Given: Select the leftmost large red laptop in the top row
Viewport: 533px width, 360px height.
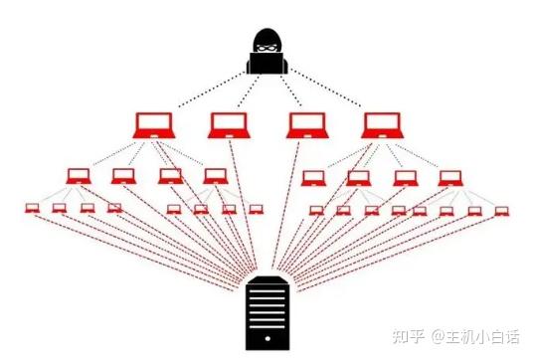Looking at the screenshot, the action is pyautogui.click(x=153, y=125).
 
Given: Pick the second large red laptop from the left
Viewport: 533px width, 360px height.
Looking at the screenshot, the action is pyautogui.click(x=229, y=125).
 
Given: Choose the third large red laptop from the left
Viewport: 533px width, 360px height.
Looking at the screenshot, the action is pyautogui.click(x=307, y=125).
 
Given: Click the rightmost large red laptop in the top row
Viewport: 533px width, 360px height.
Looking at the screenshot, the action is pyautogui.click(x=383, y=125).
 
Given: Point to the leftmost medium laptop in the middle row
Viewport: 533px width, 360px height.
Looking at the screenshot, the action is pyautogui.click(x=79, y=176).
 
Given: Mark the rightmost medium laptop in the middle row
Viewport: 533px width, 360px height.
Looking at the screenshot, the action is pyautogui.click(x=451, y=178).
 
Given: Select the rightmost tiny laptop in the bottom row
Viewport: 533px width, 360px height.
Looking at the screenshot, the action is pyautogui.click(x=501, y=211).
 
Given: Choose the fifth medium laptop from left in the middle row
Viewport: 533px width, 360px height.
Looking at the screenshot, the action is pyautogui.click(x=313, y=178).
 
